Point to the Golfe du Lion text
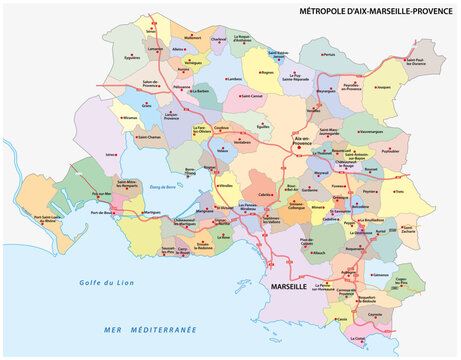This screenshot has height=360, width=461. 100,284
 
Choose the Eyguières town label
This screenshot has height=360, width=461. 132,57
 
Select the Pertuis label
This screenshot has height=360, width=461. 329,57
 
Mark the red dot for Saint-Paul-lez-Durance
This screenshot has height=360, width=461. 419,56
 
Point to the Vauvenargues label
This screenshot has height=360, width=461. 369,130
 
